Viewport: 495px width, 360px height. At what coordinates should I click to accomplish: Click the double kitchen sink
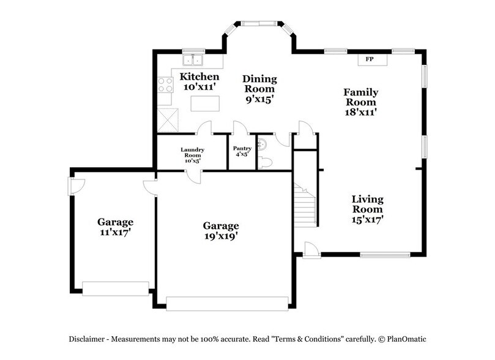[195, 60]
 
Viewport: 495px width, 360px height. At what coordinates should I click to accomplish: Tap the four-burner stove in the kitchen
[166, 84]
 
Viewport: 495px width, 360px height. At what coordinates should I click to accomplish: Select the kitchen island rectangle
[204, 104]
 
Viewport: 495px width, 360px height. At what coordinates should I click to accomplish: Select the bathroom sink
[261, 144]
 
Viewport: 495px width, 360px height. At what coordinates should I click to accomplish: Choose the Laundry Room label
[192, 153]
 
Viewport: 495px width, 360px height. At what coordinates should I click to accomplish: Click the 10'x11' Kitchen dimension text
[199, 88]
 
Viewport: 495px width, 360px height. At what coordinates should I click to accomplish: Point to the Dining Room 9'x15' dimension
[259, 98]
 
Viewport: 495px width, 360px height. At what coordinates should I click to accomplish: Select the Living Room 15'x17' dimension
[367, 218]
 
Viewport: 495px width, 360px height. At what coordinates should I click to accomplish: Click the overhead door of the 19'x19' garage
[228, 303]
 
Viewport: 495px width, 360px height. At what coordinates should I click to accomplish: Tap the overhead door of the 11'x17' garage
[116, 288]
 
